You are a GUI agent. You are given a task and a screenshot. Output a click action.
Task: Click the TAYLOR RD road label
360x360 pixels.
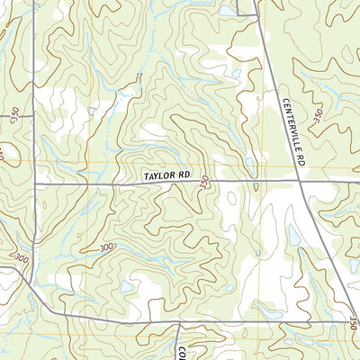pyautogui.click(x=166, y=178)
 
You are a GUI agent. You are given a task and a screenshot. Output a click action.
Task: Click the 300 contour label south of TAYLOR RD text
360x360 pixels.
pyautogui.click(x=108, y=247)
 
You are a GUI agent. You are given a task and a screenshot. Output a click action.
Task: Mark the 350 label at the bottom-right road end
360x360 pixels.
pyautogui.click(x=352, y=320)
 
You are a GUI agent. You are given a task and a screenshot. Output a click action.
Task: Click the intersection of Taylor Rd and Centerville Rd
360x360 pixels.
pyautogui.click(x=299, y=182)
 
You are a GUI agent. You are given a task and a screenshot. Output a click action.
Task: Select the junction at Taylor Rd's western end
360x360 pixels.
pyautogui.click(x=33, y=184)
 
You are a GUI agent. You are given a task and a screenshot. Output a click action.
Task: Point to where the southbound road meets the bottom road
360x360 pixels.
pyautogui.click(x=178, y=325)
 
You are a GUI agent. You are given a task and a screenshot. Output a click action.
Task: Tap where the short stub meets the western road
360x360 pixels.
pyautogui.click(x=33, y=117)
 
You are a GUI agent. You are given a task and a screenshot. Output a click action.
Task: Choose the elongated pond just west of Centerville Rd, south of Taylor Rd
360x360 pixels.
pyautogui.click(x=294, y=236)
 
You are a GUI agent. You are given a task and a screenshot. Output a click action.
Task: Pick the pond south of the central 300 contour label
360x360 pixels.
pyautogui.click(x=126, y=286)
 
